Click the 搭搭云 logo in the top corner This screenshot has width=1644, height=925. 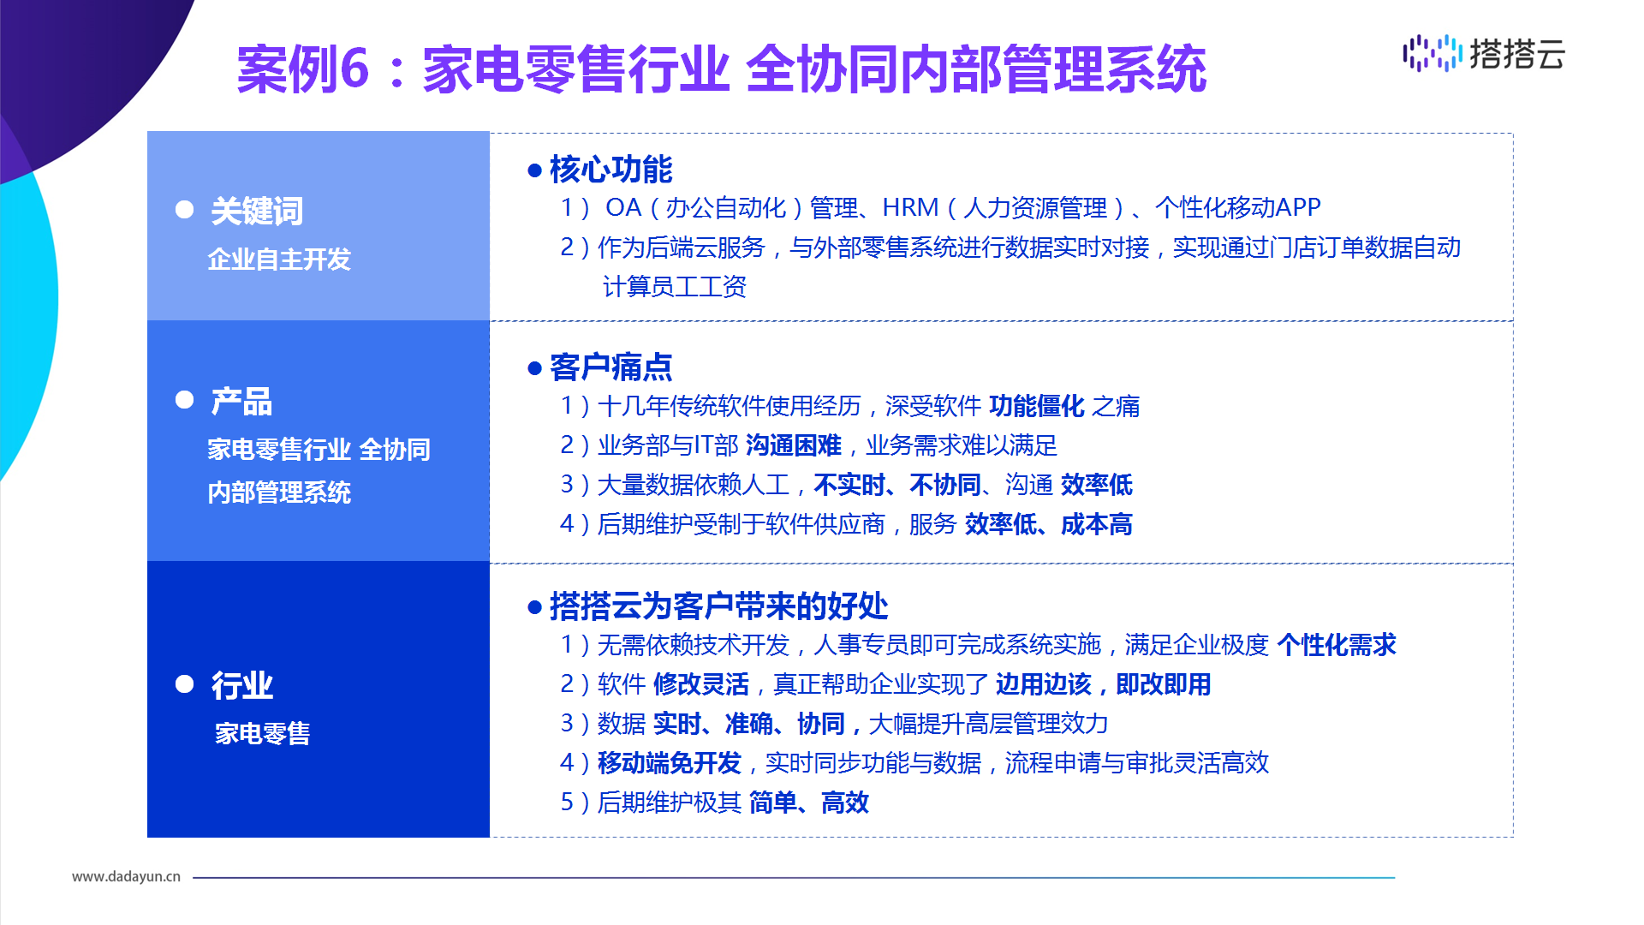[1484, 53]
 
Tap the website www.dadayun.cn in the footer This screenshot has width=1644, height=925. [126, 876]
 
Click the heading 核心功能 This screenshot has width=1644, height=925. [611, 170]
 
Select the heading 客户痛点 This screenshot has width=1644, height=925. [611, 367]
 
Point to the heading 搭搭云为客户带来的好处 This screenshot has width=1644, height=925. [718, 606]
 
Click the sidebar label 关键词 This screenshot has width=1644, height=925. [257, 211]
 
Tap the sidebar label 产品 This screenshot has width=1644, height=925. [241, 401]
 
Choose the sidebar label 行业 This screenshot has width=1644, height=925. [241, 685]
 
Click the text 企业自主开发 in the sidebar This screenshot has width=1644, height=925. [279, 260]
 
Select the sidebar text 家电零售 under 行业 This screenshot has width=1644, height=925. [262, 733]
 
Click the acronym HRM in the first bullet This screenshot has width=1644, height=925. [910, 207]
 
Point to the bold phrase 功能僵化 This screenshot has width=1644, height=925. [1037, 406]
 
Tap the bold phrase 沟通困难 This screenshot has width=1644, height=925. [794, 445]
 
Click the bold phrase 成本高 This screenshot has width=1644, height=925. [1097, 524]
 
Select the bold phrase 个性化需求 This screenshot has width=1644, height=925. [1337, 645]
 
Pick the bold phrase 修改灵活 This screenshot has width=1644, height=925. [701, 684]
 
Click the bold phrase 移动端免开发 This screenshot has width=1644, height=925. [670, 762]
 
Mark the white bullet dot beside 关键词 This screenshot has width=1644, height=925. [184, 210]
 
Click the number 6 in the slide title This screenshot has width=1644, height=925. [354, 69]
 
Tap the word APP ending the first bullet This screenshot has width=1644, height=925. [1298, 207]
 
